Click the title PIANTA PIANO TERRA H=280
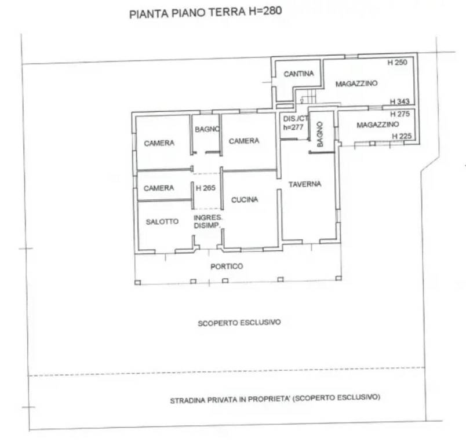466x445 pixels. pyautogui.click(x=205, y=13)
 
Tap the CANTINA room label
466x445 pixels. pyautogui.click(x=298, y=74)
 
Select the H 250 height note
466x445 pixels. pyautogui.click(x=398, y=63)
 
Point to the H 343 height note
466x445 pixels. pyautogui.click(x=400, y=101)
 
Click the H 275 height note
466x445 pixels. pyautogui.click(x=400, y=114)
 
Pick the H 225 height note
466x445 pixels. pyautogui.click(x=402, y=136)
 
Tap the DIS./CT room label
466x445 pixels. pyautogui.click(x=296, y=119)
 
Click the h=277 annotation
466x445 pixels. pyautogui.click(x=293, y=127)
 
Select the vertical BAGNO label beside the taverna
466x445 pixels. pyautogui.click(x=320, y=134)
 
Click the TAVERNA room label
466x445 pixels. pyautogui.click(x=305, y=184)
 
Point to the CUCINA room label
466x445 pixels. pyautogui.click(x=245, y=200)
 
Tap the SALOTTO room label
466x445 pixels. pyautogui.click(x=162, y=221)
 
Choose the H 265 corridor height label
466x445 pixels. pyautogui.click(x=206, y=188)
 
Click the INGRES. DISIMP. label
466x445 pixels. pyautogui.click(x=207, y=221)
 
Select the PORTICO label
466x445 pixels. pyautogui.click(x=227, y=266)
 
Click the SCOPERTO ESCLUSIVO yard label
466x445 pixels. pyautogui.click(x=239, y=323)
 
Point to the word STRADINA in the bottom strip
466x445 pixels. pyautogui.click(x=188, y=400)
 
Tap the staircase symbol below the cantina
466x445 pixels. pyautogui.click(x=309, y=97)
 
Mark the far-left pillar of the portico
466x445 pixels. pyautogui.click(x=137, y=283)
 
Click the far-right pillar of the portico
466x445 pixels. pyautogui.click(x=338, y=278)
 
